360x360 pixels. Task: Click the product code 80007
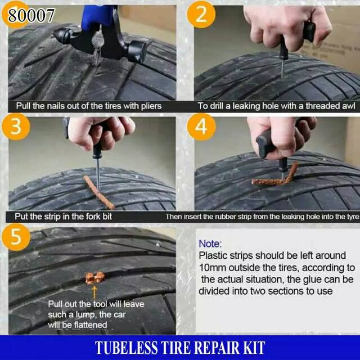click(x=31, y=16)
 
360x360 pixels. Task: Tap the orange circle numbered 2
click(x=201, y=14)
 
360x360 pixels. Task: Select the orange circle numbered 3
click(x=16, y=127)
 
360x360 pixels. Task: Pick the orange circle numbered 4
click(x=201, y=127)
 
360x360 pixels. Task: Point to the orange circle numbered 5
click(x=16, y=237)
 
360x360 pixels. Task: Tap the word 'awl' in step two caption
click(x=349, y=106)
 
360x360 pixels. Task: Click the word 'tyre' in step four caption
click(x=352, y=217)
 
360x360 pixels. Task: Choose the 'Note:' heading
click(x=210, y=244)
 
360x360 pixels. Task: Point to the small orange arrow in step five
click(x=94, y=292)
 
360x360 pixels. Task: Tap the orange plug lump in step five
click(x=95, y=277)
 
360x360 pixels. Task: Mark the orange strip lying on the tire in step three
click(x=99, y=192)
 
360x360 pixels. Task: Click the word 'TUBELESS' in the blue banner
click(x=127, y=348)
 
